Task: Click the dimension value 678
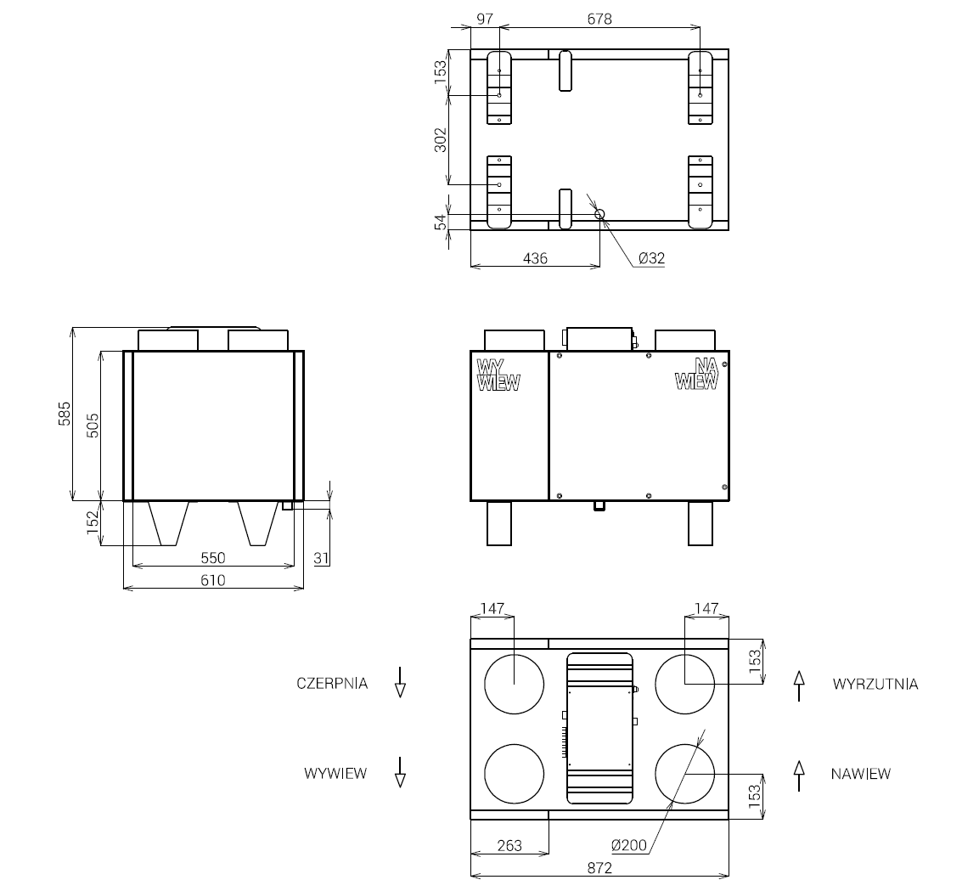pyautogui.click(x=599, y=19)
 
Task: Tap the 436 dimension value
pyautogui.click(x=535, y=258)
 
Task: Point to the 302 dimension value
pyautogui.click(x=440, y=140)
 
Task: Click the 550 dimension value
pyautogui.click(x=213, y=558)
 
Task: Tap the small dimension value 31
pyautogui.click(x=322, y=558)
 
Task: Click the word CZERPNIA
pyautogui.click(x=332, y=683)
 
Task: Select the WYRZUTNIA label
pyautogui.click(x=875, y=684)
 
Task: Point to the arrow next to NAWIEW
pyautogui.click(x=798, y=775)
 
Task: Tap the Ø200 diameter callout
pyautogui.click(x=628, y=845)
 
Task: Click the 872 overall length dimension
pyautogui.click(x=599, y=868)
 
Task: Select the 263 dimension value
pyautogui.click(x=509, y=846)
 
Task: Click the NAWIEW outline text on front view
pyautogui.click(x=698, y=374)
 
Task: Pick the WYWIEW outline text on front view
pyautogui.click(x=498, y=375)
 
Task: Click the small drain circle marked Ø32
pyautogui.click(x=599, y=214)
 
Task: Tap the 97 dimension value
pyautogui.click(x=485, y=19)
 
